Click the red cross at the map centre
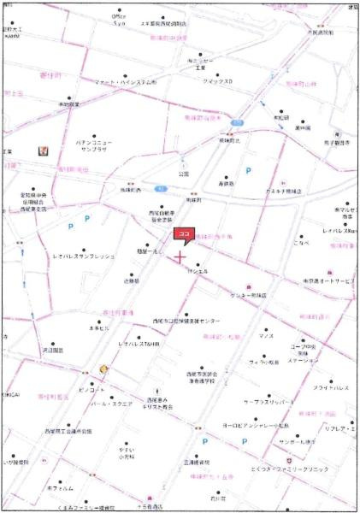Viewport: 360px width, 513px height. click(180, 256)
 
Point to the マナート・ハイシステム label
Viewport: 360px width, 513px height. click(125, 82)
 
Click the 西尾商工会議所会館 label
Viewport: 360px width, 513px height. click(68, 432)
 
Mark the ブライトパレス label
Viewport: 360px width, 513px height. click(329, 387)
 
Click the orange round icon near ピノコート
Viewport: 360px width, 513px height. click(104, 369)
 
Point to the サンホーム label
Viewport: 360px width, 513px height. click(296, 442)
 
